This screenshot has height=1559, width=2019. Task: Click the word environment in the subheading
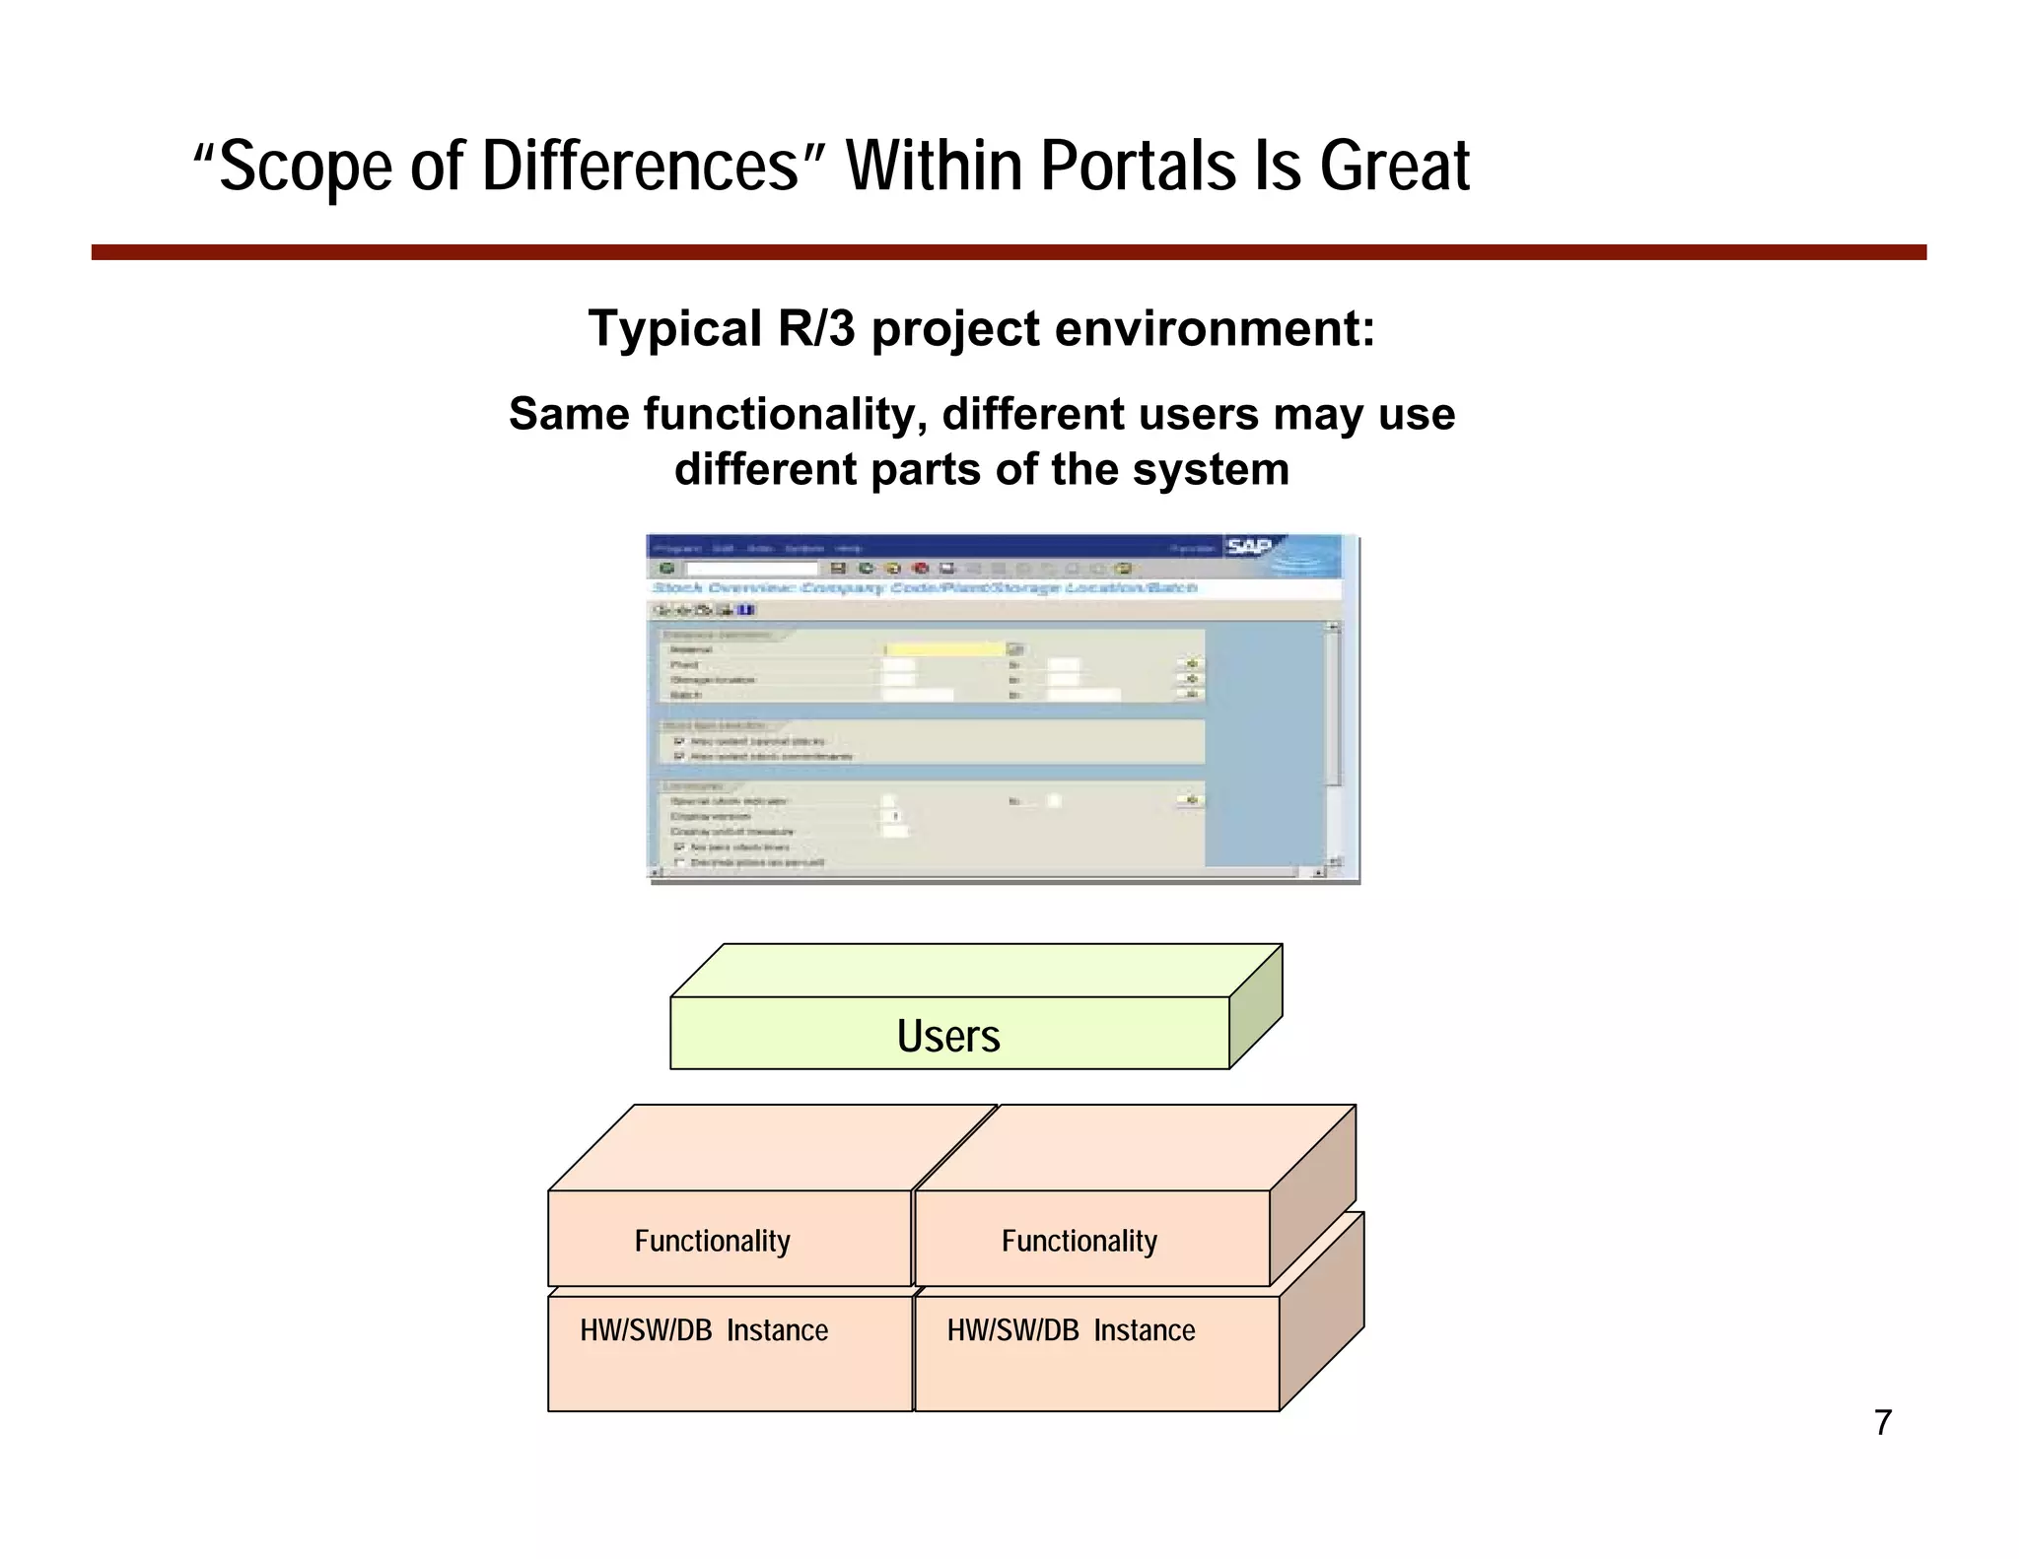click(1215, 328)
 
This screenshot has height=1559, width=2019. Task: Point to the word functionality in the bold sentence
click(785, 414)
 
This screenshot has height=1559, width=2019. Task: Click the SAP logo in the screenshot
click(1250, 547)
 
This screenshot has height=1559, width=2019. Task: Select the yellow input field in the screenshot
click(943, 649)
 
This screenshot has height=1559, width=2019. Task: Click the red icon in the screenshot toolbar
click(921, 569)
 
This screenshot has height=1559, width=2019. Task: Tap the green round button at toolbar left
click(667, 569)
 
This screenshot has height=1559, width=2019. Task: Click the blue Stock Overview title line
click(925, 588)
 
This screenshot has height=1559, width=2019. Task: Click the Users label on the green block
click(948, 1036)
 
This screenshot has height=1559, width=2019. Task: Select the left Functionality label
click(712, 1241)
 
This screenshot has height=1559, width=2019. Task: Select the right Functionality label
click(1079, 1241)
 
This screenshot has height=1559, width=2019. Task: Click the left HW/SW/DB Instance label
click(704, 1330)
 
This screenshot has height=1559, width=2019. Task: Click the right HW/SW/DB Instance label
click(1071, 1330)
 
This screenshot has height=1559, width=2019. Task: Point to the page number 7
click(1883, 1423)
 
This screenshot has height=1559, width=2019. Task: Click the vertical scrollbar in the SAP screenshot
click(1333, 710)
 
